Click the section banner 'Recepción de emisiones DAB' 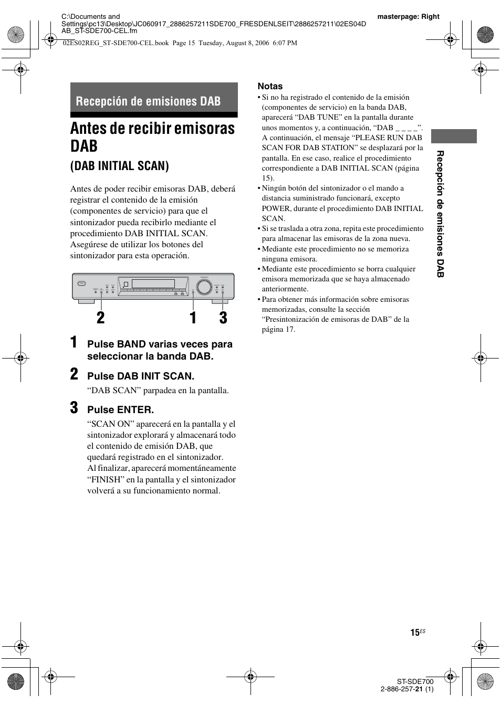click(148, 101)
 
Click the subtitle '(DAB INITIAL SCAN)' click(120, 166)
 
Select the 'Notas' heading click(270, 86)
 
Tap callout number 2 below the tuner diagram click(100, 318)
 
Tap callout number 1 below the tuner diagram click(193, 318)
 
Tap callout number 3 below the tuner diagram click(223, 318)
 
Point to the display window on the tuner click(153, 284)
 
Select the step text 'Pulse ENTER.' click(120, 410)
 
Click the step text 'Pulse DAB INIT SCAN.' click(141, 376)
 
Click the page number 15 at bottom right click(415, 633)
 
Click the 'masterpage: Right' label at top click(408, 16)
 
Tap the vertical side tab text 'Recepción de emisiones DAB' click(441, 214)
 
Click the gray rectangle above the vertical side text click(454, 136)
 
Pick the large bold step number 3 click(75, 408)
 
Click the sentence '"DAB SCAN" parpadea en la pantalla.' click(158, 391)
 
